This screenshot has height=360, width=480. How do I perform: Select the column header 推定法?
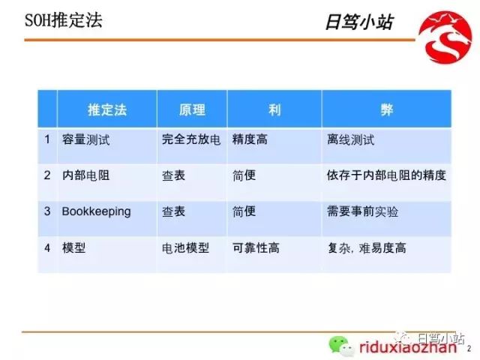(107, 109)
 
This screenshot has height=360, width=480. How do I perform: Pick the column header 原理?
(192, 109)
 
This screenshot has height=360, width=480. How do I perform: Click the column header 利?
(274, 109)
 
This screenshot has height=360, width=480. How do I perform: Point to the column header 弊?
(386, 109)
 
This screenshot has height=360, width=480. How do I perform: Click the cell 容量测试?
(85, 139)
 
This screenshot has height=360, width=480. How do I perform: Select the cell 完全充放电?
(191, 139)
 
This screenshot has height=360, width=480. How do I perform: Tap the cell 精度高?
(250, 139)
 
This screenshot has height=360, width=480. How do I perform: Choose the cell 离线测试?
(351, 139)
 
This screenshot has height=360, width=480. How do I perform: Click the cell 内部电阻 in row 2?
(85, 175)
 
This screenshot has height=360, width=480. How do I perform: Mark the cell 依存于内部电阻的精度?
(387, 175)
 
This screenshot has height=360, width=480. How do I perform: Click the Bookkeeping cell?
(96, 211)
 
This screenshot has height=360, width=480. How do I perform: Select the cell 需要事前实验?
(363, 211)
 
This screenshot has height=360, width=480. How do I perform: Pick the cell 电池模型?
(185, 247)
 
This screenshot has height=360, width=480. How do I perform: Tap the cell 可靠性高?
(256, 247)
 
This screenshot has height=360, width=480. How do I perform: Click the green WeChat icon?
(337, 346)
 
